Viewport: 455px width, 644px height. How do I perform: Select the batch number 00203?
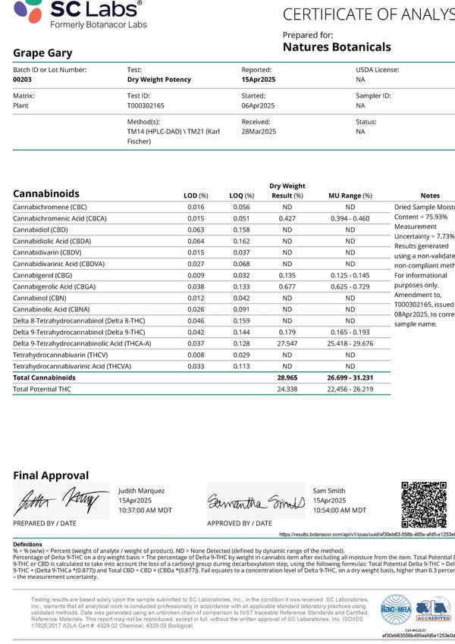pyautogui.click(x=24, y=79)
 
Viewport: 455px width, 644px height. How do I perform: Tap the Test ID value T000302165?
pyautogui.click(x=149, y=106)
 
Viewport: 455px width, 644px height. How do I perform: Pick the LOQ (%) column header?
pyautogui.click(x=244, y=195)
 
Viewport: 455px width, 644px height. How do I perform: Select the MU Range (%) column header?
pyautogui.click(x=350, y=195)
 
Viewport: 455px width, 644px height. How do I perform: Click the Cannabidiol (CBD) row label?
pyautogui.click(x=41, y=230)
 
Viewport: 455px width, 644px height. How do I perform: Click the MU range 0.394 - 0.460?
pyautogui.click(x=350, y=218)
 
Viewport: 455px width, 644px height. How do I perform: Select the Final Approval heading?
pyautogui.click(x=51, y=475)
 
